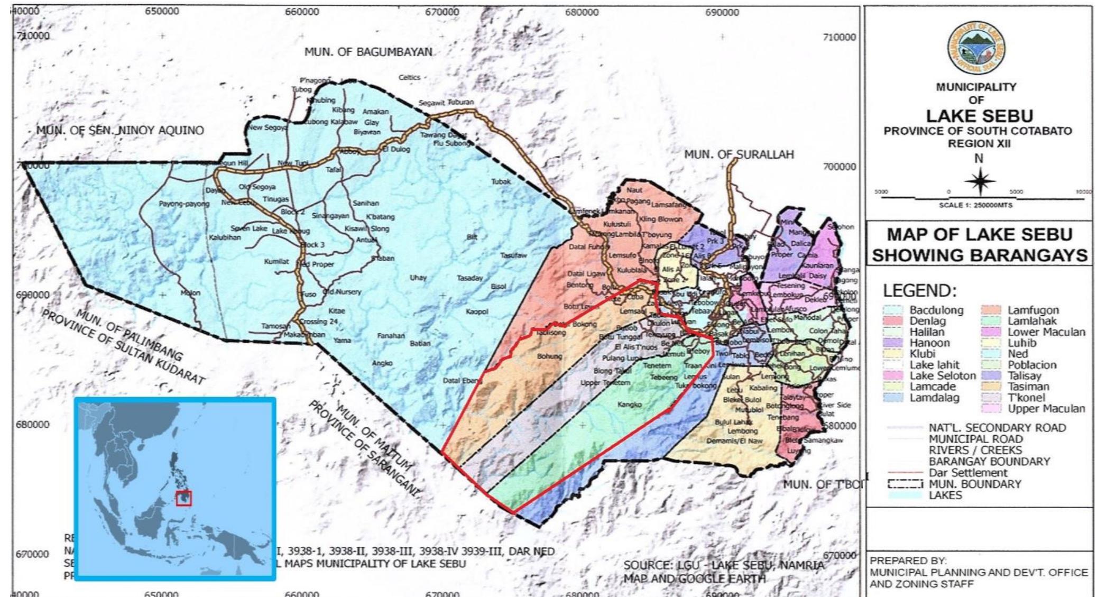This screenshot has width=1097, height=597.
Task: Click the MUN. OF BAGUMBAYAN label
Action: (x=368, y=52)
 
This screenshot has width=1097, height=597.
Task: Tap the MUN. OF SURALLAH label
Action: (x=739, y=154)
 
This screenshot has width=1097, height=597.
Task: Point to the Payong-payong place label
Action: (x=184, y=204)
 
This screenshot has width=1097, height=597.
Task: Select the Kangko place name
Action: (x=629, y=405)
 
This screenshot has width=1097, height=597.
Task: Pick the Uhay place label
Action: (x=418, y=278)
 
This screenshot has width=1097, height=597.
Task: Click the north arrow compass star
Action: (x=979, y=181)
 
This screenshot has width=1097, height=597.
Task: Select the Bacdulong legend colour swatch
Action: (x=892, y=310)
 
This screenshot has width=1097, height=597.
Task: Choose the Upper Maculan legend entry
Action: (x=1046, y=409)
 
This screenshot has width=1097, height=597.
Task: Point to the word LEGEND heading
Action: (x=919, y=290)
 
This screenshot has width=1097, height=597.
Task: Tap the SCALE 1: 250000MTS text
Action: (x=975, y=205)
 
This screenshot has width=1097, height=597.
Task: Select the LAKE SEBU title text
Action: (x=979, y=116)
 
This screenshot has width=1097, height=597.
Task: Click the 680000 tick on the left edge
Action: (x=32, y=425)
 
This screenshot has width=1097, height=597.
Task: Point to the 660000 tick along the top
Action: (x=302, y=12)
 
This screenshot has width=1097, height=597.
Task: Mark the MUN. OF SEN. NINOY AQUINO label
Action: (x=120, y=131)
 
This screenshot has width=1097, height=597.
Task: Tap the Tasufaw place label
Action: (x=513, y=255)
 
